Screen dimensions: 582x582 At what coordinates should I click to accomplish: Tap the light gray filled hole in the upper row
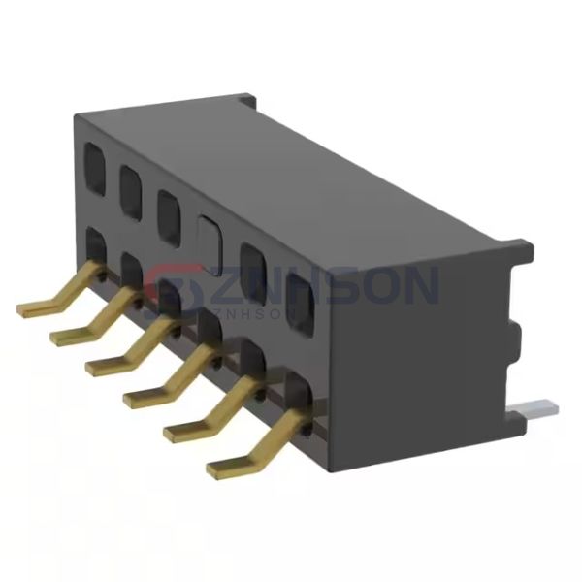click(x=208, y=234)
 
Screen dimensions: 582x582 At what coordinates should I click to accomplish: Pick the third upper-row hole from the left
click(x=168, y=208)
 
